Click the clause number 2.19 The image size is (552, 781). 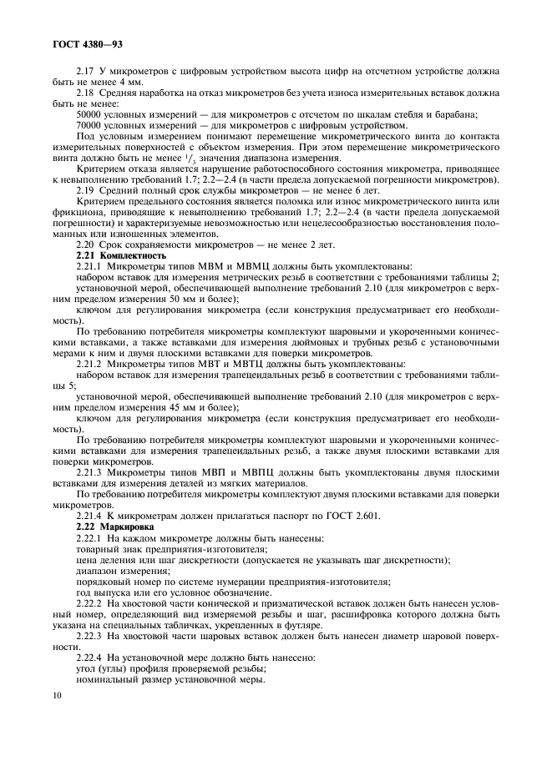pos(85,190)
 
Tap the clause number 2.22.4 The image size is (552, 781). pos(89,658)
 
